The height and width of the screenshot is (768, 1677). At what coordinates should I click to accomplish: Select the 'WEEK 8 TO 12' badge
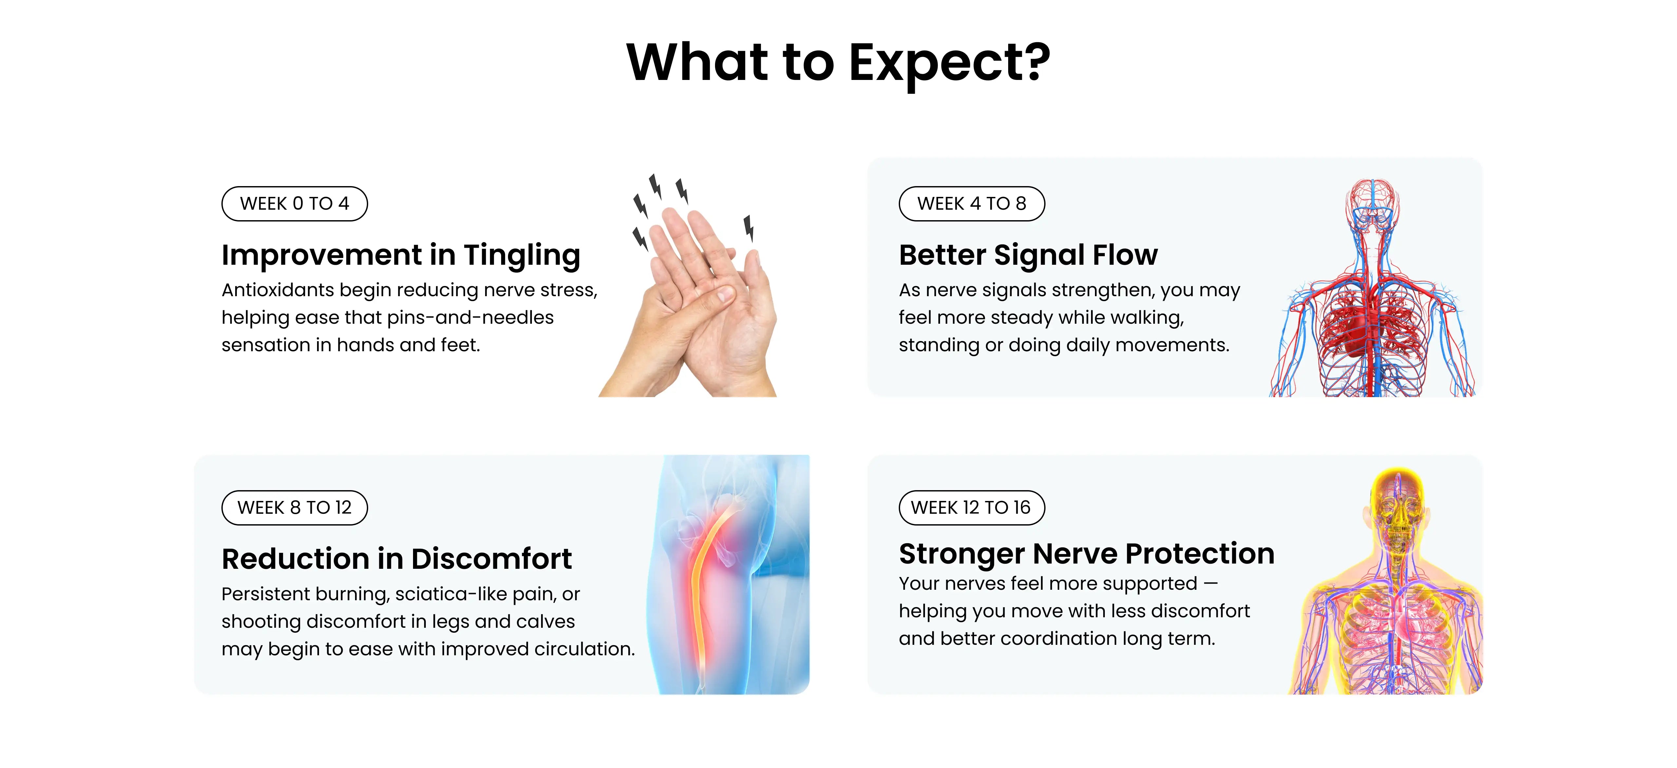click(294, 508)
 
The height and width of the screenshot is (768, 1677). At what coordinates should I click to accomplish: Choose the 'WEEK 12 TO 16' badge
click(971, 508)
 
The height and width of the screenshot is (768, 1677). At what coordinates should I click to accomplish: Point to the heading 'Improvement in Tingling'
click(400, 255)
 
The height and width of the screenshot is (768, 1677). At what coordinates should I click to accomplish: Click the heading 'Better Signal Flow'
click(1028, 255)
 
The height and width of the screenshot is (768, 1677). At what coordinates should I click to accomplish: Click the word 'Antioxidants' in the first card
click(278, 290)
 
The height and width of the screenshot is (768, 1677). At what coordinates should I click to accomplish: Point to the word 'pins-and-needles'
click(470, 318)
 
